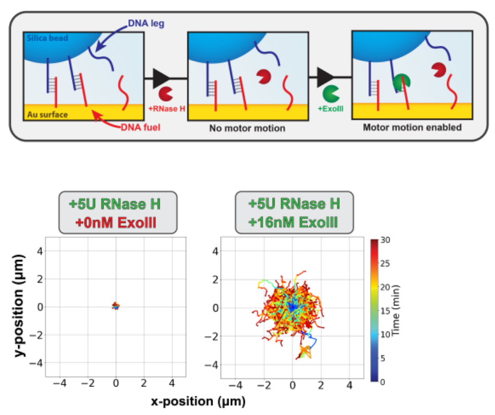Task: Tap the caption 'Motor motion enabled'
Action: tap(412, 127)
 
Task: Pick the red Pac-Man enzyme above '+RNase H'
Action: tap(166, 93)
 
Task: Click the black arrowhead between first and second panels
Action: tap(155, 77)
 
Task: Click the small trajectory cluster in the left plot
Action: tap(116, 306)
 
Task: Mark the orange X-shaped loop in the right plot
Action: tap(305, 350)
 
